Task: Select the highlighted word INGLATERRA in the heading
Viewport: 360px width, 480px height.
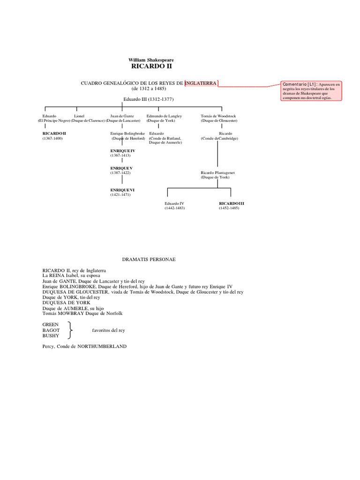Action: pos(201,83)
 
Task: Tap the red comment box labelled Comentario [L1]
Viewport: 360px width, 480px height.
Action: pos(311,90)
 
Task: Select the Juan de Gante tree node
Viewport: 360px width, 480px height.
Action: pos(122,115)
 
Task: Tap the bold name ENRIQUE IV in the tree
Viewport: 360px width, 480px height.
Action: pos(122,150)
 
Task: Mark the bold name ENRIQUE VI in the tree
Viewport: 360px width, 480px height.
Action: pos(122,190)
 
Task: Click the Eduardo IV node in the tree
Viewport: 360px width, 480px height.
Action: pos(174,203)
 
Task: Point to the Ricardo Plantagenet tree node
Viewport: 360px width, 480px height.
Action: pos(217,173)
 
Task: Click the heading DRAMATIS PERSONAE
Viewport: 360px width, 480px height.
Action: pos(149,259)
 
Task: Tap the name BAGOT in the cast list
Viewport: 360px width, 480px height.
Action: pos(51,330)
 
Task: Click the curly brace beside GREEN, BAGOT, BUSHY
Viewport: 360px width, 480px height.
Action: pos(70,330)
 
